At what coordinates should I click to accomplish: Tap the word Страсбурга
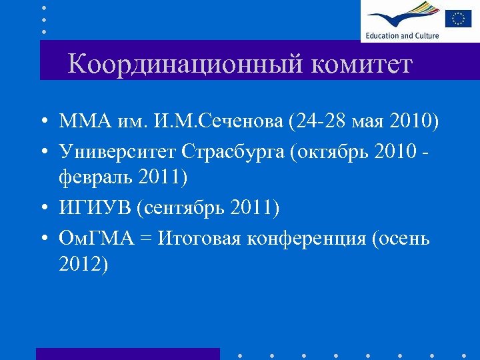coord(231,151)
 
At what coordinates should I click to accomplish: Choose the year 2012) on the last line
coord(83,265)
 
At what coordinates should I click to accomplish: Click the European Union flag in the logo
coord(458,17)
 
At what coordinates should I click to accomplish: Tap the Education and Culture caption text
coord(401,35)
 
